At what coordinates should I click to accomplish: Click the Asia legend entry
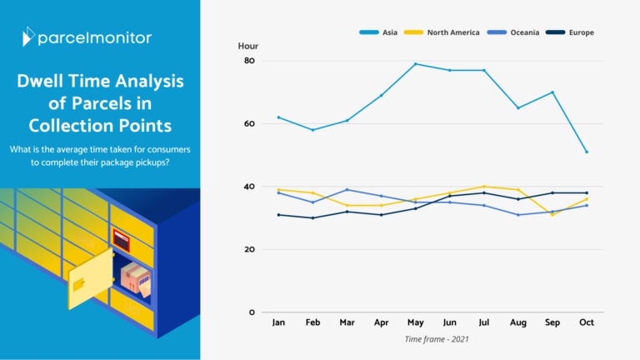(379, 32)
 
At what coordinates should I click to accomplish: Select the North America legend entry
(442, 32)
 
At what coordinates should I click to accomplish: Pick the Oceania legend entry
(512, 32)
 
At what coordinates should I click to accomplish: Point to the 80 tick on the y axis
(249, 61)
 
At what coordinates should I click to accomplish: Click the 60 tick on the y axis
(249, 124)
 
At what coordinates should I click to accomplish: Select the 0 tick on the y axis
(252, 312)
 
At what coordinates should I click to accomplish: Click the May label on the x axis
(415, 322)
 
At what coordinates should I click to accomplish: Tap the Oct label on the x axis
(587, 322)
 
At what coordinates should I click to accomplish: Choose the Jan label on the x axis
(277, 322)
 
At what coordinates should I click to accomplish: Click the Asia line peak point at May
(415, 64)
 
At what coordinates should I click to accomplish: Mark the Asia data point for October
(587, 152)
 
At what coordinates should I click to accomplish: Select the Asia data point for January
(277, 117)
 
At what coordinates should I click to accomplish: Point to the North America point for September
(552, 215)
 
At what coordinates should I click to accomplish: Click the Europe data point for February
(312, 218)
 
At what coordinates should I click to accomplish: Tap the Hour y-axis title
(247, 46)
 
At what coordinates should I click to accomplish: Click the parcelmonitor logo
(87, 37)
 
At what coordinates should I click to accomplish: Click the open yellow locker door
(90, 277)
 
